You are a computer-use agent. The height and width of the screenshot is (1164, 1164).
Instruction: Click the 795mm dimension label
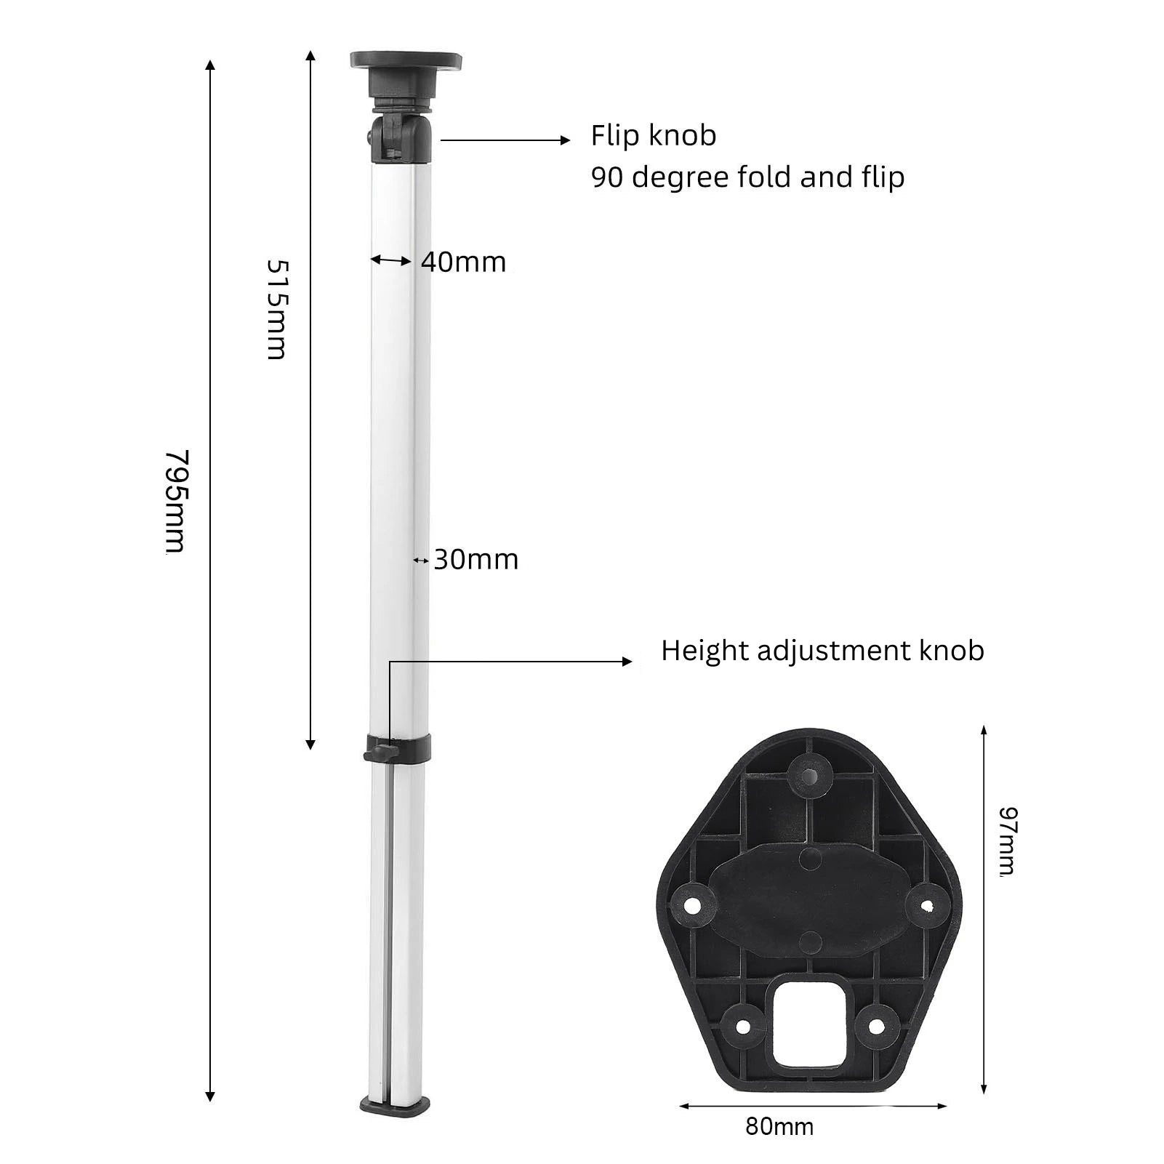click(175, 502)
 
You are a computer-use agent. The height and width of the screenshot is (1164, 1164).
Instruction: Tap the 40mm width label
click(463, 262)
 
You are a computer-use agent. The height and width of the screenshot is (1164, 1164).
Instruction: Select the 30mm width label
click(476, 560)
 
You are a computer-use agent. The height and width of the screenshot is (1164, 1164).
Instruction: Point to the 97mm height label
click(1008, 840)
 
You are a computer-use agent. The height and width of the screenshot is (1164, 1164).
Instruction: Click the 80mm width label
click(779, 1128)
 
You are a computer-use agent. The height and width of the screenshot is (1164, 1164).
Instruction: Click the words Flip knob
click(653, 136)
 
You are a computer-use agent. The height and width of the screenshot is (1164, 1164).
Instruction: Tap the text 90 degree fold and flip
click(747, 177)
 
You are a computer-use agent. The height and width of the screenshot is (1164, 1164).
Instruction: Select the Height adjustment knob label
click(822, 651)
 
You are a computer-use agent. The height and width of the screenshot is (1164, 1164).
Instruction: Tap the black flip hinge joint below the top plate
click(400, 138)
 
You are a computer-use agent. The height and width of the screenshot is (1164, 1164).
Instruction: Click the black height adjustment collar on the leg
click(398, 747)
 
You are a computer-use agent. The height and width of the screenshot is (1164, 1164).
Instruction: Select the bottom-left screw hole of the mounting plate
click(742, 1026)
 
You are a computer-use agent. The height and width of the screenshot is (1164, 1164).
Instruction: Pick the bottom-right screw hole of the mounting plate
click(876, 1026)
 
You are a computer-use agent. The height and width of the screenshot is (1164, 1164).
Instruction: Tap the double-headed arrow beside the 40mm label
click(391, 260)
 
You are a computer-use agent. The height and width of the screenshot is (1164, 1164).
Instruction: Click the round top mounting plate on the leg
click(406, 61)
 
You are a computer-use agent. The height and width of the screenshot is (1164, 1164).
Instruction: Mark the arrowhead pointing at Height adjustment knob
click(626, 662)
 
